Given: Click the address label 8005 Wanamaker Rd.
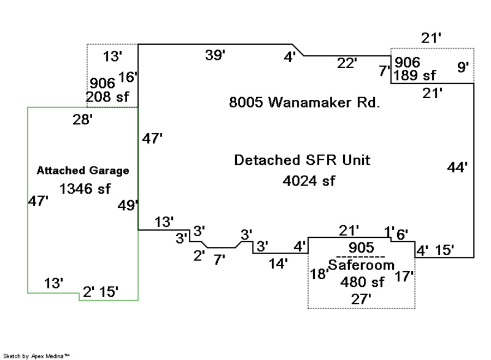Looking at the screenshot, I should (x=304, y=103).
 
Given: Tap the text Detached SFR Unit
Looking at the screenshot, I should (x=302, y=160).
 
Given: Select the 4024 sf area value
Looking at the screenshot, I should (x=309, y=181).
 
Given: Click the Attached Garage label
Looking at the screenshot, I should (x=83, y=171).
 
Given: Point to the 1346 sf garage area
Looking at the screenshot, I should (x=85, y=189).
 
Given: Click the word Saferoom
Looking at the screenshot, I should (x=361, y=265).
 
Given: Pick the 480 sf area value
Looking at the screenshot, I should (x=362, y=282).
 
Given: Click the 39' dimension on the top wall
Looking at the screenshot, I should (x=215, y=55).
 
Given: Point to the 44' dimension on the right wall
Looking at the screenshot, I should (x=457, y=167).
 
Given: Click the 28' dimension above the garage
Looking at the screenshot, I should (x=82, y=120).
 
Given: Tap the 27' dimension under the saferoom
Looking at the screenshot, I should (x=361, y=298).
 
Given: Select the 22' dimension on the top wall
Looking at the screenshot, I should (x=346, y=63).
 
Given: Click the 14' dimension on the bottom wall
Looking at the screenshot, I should (x=278, y=263).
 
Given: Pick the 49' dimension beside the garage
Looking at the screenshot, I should (x=128, y=205).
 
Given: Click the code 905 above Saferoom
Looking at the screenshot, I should (x=361, y=248).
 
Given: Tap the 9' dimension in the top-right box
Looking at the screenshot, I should (x=463, y=68).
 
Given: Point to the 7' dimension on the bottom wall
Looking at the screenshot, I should (x=219, y=260).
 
